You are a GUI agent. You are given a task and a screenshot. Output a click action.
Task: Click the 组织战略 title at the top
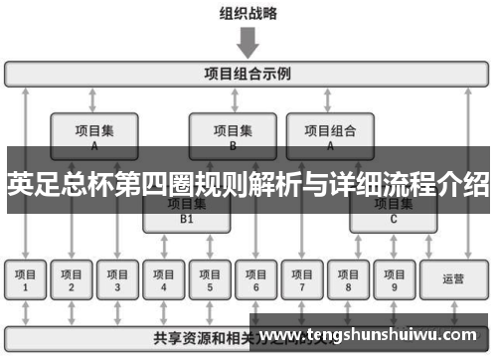pyautogui.click(x=248, y=14)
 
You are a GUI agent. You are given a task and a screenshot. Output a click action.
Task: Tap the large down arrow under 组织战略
pyautogui.click(x=248, y=43)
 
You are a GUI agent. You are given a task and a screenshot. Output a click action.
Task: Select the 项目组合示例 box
pyautogui.click(x=248, y=74)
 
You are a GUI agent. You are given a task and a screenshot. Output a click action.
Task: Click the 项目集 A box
pyautogui.click(x=94, y=134)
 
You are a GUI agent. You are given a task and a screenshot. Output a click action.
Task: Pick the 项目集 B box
pyautogui.click(x=233, y=134)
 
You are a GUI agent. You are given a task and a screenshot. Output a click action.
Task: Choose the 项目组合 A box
pyautogui.click(x=330, y=134)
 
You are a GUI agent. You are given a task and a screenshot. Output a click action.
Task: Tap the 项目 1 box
pyautogui.click(x=26, y=280)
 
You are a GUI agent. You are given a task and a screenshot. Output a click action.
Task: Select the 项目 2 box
pyautogui.click(x=72, y=280)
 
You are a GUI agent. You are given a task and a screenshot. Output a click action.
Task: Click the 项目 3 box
pyautogui.click(x=117, y=280)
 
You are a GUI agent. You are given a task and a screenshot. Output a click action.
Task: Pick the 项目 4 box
pyautogui.click(x=164, y=280)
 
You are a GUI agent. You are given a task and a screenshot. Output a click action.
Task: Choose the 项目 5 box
pyautogui.click(x=210, y=280)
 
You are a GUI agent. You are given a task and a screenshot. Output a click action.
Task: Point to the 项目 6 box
pyautogui.click(x=255, y=280)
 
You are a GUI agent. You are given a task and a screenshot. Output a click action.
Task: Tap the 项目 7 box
pyautogui.click(x=301, y=280)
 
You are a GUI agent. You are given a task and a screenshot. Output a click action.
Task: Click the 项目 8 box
pyautogui.click(x=347, y=280)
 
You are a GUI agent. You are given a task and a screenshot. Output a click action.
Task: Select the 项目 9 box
pyautogui.click(x=393, y=280)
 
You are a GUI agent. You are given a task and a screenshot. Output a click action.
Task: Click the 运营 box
pyautogui.click(x=453, y=280)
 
